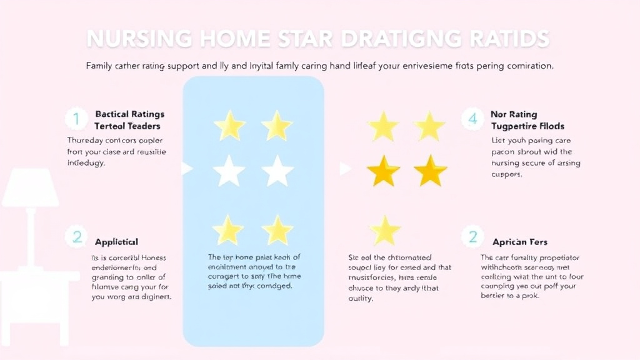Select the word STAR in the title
309,38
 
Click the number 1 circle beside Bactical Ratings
76,119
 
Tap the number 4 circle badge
473,119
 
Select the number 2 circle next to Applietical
77,237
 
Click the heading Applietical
116,242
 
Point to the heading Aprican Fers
520,242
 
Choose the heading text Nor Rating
514,114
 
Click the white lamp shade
30,187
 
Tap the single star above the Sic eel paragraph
385,230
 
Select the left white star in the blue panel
229,171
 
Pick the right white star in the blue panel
277,171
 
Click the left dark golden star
382,171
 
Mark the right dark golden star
431,171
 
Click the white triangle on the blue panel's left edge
186,168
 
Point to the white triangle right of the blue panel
344,169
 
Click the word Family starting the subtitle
100,65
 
